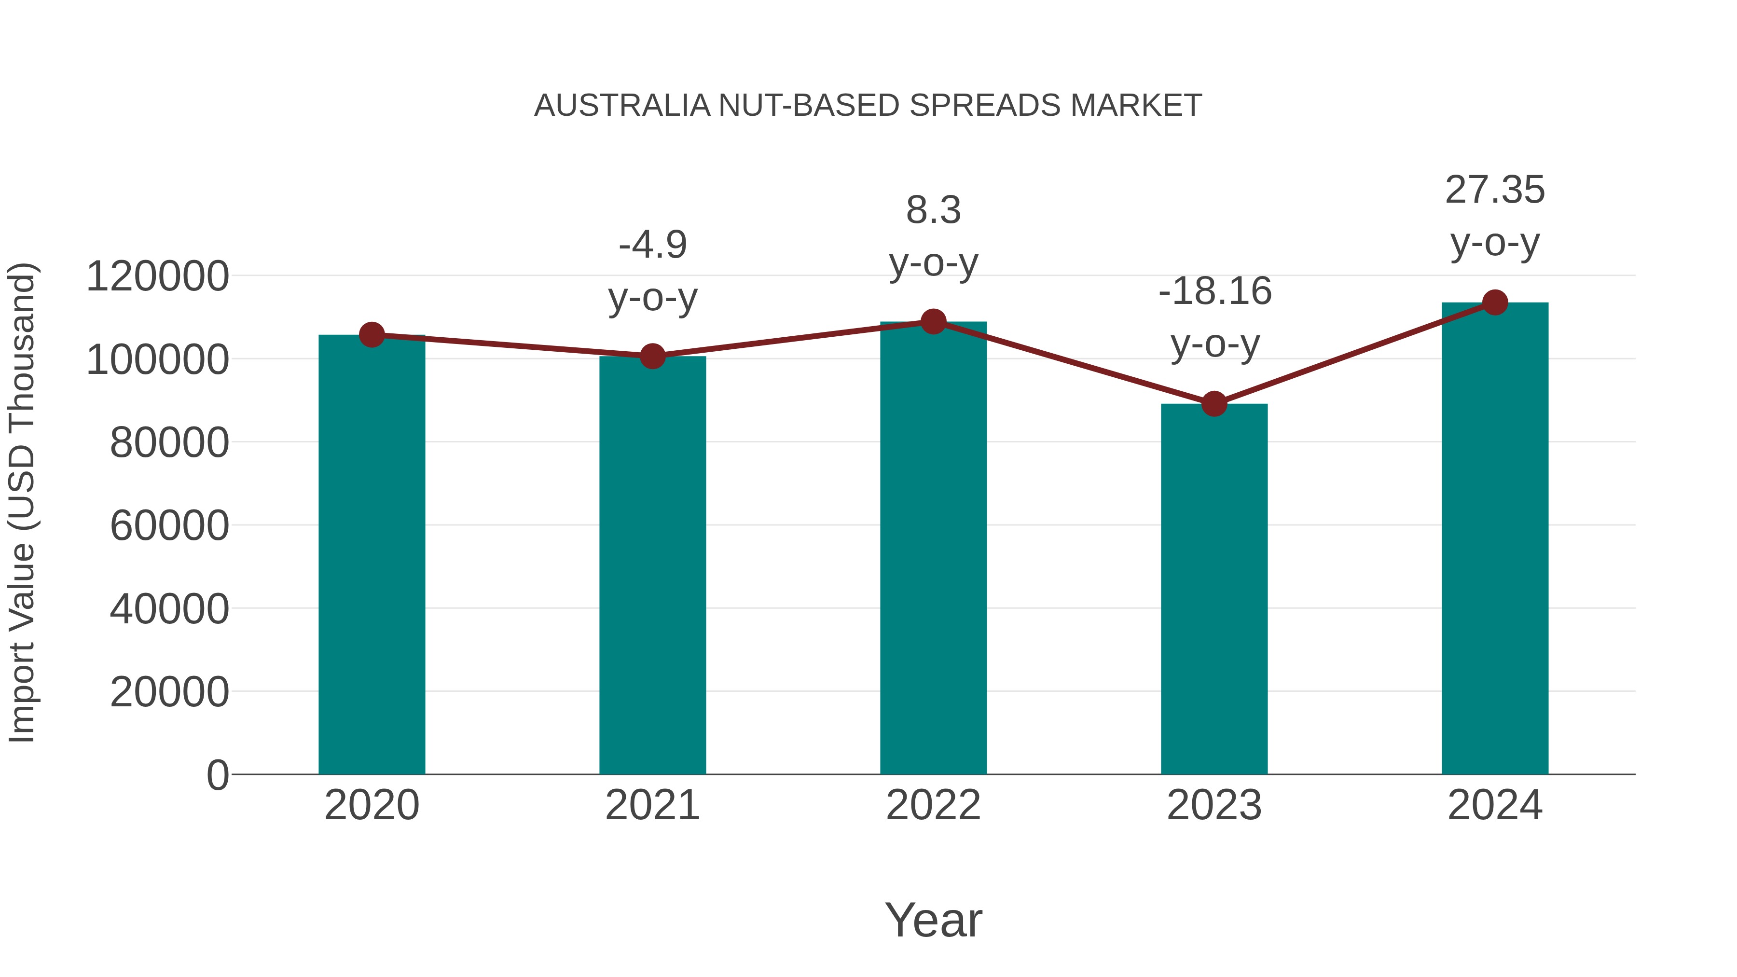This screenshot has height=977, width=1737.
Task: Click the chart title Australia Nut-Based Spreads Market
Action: (868, 106)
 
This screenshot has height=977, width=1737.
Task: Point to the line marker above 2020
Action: (372, 334)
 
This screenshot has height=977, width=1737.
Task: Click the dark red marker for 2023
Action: (1214, 404)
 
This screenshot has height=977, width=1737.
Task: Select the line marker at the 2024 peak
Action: (1495, 303)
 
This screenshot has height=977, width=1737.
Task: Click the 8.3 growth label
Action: (933, 210)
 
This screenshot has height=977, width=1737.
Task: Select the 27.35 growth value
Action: (1495, 190)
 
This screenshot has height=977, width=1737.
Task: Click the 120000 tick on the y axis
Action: (158, 276)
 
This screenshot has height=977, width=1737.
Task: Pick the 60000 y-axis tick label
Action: (169, 526)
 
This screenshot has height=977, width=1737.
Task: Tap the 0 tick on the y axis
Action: (217, 775)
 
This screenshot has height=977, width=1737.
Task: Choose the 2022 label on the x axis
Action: (933, 805)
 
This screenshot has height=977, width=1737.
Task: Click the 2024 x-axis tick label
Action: (1495, 805)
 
